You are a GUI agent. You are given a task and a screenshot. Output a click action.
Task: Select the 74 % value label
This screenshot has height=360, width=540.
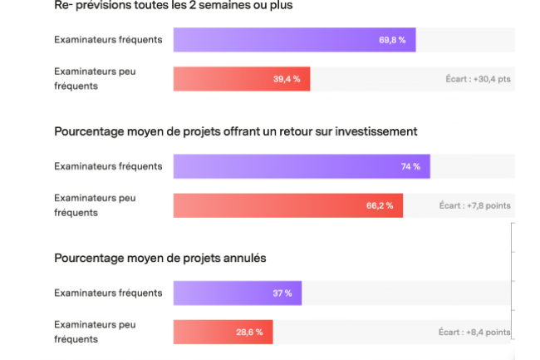410,166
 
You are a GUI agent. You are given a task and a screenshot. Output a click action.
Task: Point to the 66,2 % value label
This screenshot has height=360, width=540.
380,205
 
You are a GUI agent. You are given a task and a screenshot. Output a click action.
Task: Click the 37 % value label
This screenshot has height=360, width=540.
282,293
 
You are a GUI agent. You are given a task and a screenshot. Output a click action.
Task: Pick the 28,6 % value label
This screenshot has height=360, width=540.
249,332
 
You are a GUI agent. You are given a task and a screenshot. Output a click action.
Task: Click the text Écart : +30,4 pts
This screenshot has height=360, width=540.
478,80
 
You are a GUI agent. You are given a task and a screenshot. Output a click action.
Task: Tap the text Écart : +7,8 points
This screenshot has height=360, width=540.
474,205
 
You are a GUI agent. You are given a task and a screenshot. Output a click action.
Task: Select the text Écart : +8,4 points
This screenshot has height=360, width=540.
474,332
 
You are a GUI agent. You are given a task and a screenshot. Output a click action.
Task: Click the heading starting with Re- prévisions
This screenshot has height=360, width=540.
173,6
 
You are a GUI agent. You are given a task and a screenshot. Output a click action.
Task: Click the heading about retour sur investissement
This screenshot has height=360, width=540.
235,131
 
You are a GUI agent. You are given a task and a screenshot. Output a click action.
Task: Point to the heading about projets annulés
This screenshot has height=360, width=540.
160,259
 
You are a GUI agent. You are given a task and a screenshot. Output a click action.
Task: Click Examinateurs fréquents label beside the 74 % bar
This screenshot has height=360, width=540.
108,166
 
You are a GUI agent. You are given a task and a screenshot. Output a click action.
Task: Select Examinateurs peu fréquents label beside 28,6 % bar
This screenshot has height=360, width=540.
95,332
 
